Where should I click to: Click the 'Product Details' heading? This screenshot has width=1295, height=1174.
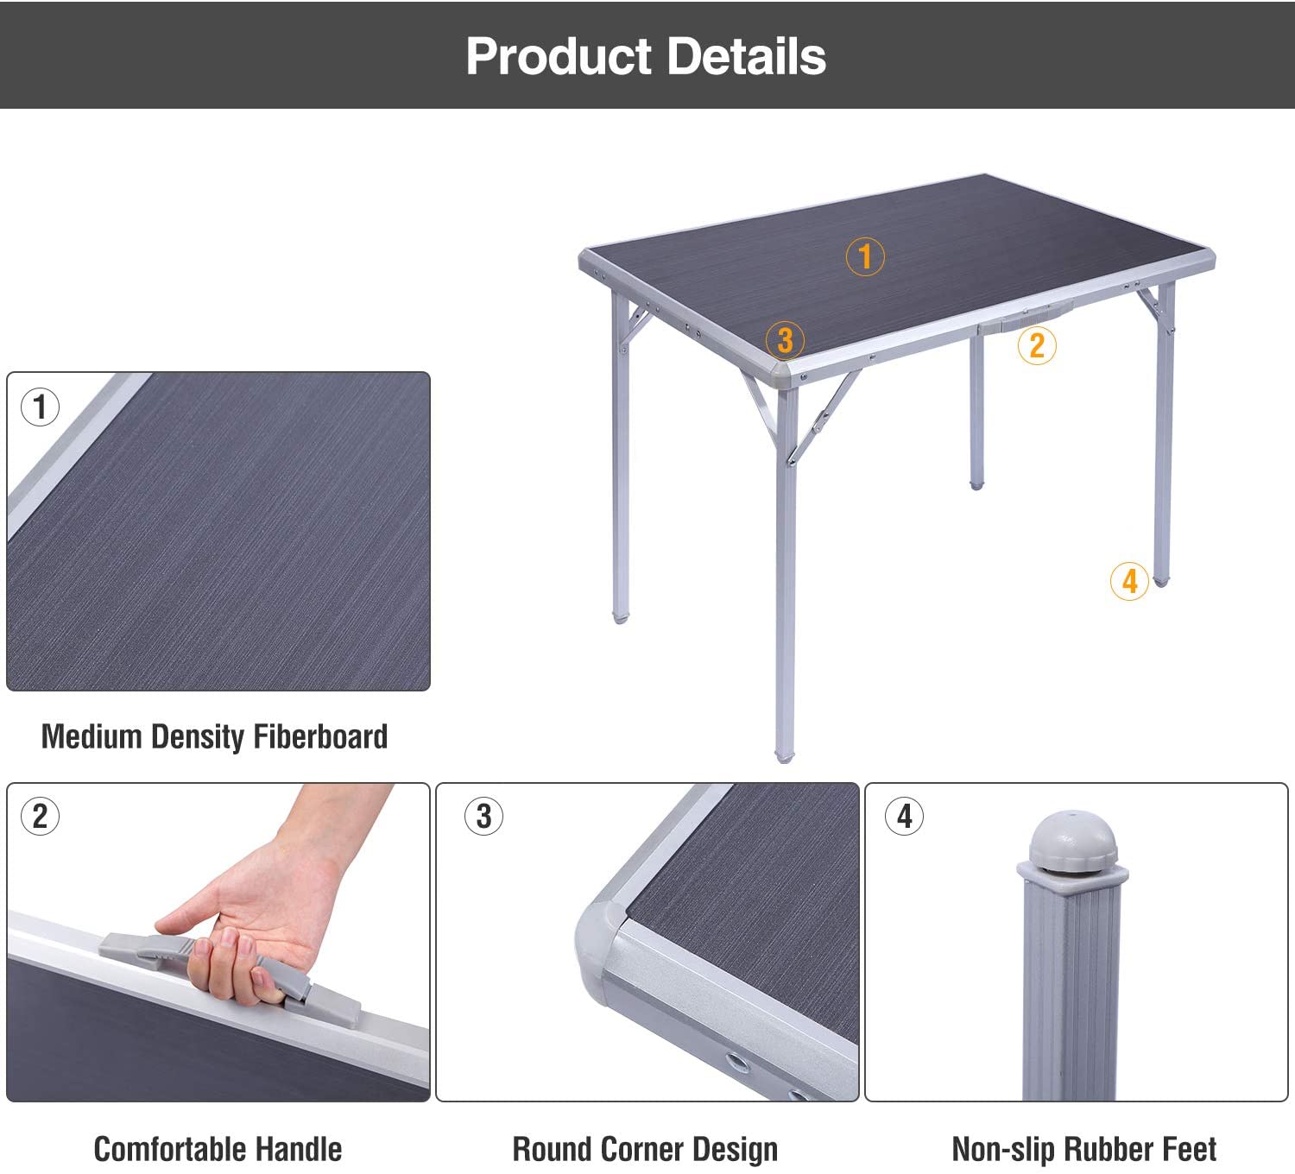pyautogui.click(x=646, y=56)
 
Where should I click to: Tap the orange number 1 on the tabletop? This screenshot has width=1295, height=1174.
pyautogui.click(x=865, y=256)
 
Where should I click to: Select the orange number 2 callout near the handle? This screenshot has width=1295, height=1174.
pyautogui.click(x=1037, y=345)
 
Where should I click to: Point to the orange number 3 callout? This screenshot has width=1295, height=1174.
pyautogui.click(x=785, y=339)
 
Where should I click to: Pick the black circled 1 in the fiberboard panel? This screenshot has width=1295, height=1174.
pyautogui.click(x=40, y=407)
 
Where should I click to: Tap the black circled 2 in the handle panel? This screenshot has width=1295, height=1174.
pyautogui.click(x=40, y=816)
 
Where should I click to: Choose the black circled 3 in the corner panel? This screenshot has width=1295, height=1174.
pyautogui.click(x=483, y=816)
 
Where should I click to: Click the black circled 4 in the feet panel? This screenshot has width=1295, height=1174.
pyautogui.click(x=904, y=816)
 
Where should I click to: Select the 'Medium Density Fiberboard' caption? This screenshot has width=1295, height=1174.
pyautogui.click(x=214, y=736)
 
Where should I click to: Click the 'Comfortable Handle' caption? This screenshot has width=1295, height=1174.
pyautogui.click(x=218, y=1149)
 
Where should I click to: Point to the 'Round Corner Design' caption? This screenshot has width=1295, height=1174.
pyautogui.click(x=645, y=1149)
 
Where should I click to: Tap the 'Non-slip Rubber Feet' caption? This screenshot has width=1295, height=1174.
pyautogui.click(x=1083, y=1149)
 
